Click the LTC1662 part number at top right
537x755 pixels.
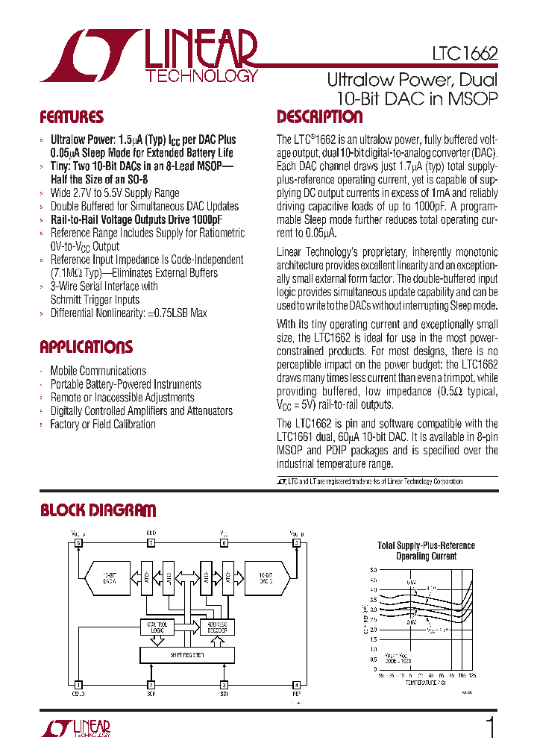464,54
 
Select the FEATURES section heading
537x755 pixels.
72,117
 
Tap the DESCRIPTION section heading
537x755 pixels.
319,117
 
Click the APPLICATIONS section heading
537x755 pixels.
86,347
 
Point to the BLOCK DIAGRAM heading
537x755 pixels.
98,510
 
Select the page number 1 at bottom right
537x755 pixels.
490,727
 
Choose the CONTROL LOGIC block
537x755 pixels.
157,627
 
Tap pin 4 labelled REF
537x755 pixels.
296,684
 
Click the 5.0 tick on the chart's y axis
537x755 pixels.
373,570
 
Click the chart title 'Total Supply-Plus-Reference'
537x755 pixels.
426,545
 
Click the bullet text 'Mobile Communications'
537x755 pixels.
98,371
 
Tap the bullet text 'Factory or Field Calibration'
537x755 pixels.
102,425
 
